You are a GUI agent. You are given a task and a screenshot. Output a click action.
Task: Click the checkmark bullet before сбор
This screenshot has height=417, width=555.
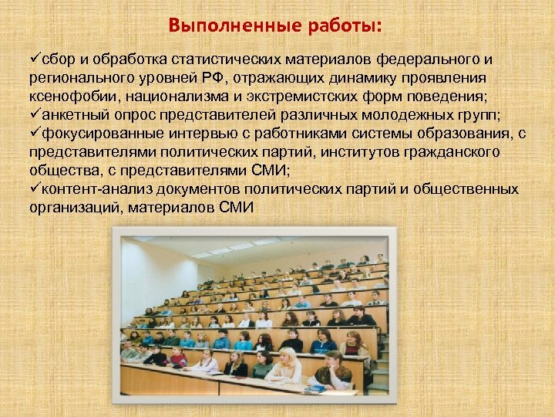(x=35, y=59)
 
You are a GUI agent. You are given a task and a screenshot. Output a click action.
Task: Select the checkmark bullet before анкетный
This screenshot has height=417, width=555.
(x=35, y=115)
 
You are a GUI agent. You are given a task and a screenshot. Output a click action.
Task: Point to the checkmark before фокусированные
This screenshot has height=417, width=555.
(x=35, y=134)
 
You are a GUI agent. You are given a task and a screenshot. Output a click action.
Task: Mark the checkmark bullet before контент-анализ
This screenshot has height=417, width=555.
(x=35, y=189)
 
